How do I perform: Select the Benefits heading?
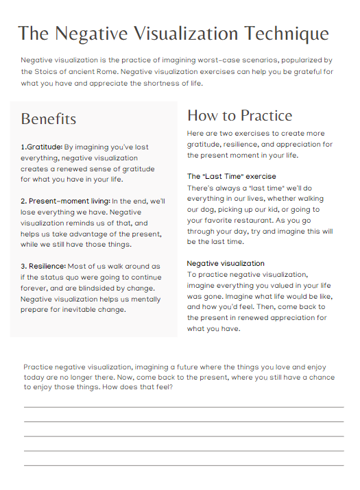pos(48,119)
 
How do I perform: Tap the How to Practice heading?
pos(239,115)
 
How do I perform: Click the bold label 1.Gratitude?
pos(42,147)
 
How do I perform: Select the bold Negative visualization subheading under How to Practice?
pos(226,263)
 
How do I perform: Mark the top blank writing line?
pos(184,406)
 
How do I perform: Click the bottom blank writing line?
pos(184,465)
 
